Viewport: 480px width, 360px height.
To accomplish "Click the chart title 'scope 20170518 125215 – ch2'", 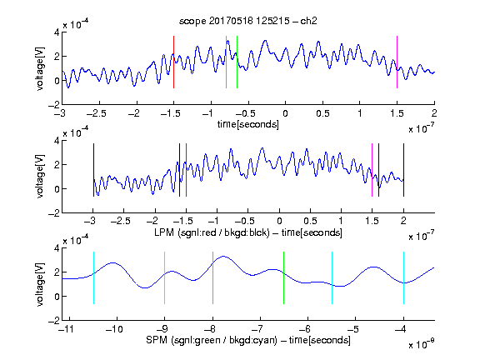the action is click(248, 21).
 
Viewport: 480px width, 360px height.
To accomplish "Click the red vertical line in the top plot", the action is click(173, 62).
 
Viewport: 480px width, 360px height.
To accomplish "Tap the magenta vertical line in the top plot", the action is click(397, 62).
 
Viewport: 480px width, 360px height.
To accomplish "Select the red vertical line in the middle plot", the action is click(186, 170).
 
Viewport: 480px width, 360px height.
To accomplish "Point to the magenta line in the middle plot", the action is click(372, 170).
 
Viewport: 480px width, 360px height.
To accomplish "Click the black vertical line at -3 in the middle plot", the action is click(93, 170).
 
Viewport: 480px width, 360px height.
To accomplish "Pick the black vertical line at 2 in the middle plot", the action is click(403, 170).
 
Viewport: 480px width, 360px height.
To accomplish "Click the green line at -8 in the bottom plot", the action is click(212, 278).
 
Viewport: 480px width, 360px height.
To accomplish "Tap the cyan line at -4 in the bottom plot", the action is click(403, 278).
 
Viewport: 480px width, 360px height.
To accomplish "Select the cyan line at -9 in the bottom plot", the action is click(164, 278).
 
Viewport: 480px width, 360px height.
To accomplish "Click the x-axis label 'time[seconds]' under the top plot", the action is click(248, 124).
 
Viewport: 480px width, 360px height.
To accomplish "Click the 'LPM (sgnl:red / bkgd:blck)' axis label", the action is click(212, 232).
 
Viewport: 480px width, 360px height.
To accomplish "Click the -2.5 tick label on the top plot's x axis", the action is click(97, 113).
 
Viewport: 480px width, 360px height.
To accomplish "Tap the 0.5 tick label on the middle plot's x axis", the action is click(310, 221).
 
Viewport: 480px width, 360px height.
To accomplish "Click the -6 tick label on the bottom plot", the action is click(304, 329).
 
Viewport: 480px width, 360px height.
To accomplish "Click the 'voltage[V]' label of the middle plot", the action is click(40, 177).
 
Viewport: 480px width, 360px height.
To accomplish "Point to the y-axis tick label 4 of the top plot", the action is click(57, 32).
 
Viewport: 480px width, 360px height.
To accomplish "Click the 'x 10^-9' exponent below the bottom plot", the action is click(422, 344).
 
